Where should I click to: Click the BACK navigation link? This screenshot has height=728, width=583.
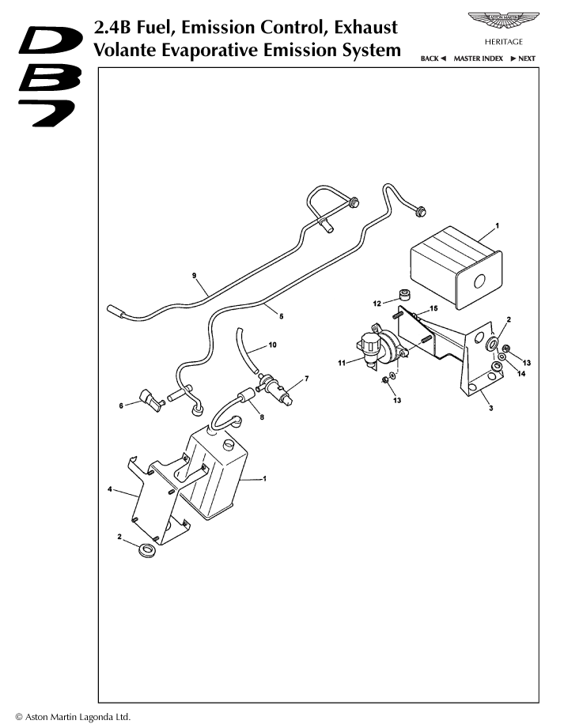[433, 58]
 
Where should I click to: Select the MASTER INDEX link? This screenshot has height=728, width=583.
[478, 58]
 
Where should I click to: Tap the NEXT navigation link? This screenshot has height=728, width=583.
[523, 58]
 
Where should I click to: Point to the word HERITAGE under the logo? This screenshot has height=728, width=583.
[504, 42]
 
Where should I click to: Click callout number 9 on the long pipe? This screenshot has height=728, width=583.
[194, 275]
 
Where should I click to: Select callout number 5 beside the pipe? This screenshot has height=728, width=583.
[281, 317]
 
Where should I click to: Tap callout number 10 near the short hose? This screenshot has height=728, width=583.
[272, 345]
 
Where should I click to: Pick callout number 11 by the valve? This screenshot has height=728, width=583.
[342, 363]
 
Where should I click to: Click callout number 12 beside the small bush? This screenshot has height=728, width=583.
[377, 304]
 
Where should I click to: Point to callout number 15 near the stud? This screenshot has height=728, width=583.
[433, 308]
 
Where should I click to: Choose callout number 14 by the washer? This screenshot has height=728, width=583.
[521, 373]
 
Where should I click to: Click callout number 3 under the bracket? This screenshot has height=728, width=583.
[491, 408]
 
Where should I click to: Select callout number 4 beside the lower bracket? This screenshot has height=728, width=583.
[110, 489]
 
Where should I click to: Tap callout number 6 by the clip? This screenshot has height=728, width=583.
[121, 405]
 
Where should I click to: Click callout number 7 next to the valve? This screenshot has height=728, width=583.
[307, 379]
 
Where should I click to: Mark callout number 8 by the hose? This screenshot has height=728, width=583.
[262, 417]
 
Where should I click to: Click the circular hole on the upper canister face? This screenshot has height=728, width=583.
[479, 281]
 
